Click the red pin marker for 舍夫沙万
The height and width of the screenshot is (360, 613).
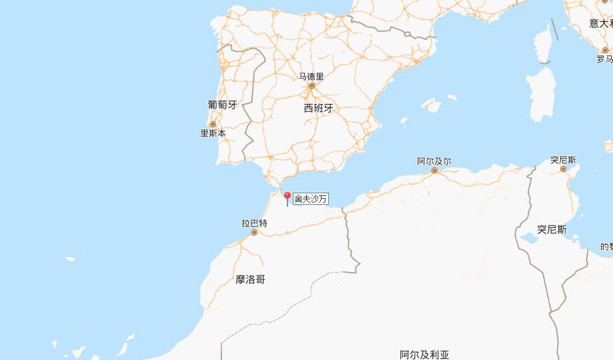coord(287,197)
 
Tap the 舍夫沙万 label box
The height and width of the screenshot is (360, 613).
coord(311,199)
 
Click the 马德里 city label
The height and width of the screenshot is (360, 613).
coord(311,77)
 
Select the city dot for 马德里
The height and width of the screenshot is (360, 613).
coord(311,86)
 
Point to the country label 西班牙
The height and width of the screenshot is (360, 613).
coord(318,108)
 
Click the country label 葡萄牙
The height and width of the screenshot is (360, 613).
coord(222,105)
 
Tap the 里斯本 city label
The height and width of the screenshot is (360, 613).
coord(213,133)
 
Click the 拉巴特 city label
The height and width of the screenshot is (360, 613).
coord(254,223)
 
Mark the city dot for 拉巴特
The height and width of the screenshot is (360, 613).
coord(254,233)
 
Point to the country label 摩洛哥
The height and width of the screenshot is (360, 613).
coord(251,280)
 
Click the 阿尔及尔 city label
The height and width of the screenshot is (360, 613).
coord(434,161)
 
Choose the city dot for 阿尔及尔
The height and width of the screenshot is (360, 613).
coord(434,171)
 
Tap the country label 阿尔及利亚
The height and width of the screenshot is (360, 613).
coord(424,355)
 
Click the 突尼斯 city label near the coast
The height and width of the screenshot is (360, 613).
coord(564,160)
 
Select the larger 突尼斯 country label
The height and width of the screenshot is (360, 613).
coord(552,230)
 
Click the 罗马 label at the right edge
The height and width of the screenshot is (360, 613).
coord(604,59)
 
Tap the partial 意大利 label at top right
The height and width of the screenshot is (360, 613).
coord(600,23)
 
